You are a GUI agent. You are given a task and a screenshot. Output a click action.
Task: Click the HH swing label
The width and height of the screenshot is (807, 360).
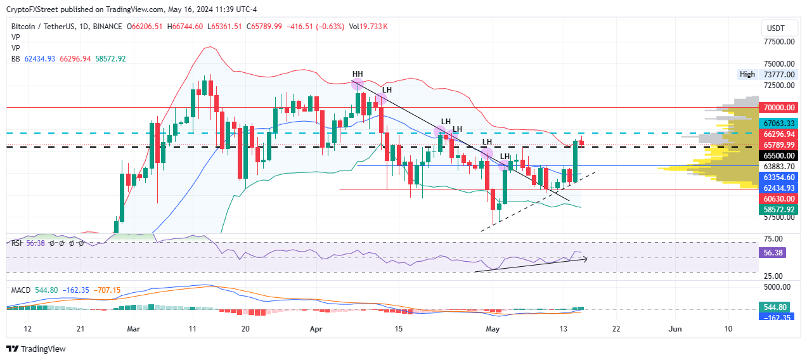pyautogui.click(x=358, y=74)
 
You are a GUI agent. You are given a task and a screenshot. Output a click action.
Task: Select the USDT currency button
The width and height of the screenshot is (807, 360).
pyautogui.click(x=775, y=29)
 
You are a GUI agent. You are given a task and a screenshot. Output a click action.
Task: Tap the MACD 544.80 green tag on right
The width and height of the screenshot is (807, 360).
pyautogui.click(x=775, y=306)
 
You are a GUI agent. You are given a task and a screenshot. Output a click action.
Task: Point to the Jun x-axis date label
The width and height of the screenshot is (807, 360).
pyautogui.click(x=676, y=329)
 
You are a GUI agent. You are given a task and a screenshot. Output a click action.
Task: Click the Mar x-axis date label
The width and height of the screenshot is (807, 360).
pyautogui.click(x=132, y=329)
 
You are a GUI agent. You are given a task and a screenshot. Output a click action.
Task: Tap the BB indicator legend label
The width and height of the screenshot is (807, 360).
pyautogui.click(x=15, y=58)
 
